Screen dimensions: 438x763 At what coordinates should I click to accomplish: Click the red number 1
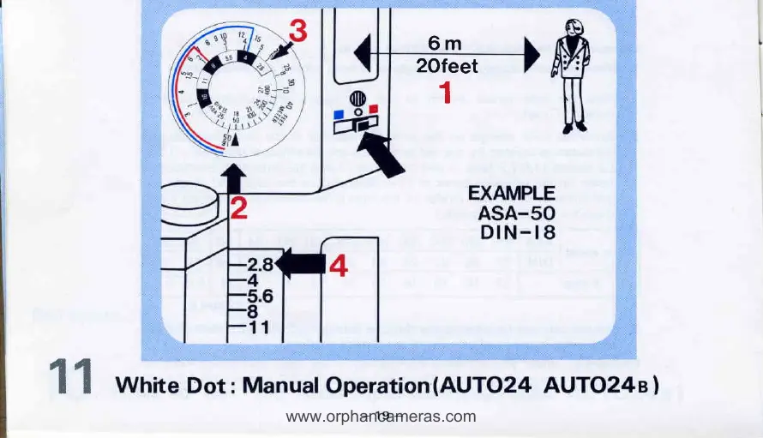[x=445, y=89]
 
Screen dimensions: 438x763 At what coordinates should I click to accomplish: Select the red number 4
[x=339, y=267]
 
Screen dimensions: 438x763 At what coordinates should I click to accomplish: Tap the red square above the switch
[x=374, y=109]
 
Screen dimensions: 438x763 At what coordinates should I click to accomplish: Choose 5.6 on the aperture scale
[x=258, y=297]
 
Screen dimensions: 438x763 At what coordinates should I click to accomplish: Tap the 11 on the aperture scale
[x=258, y=326]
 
